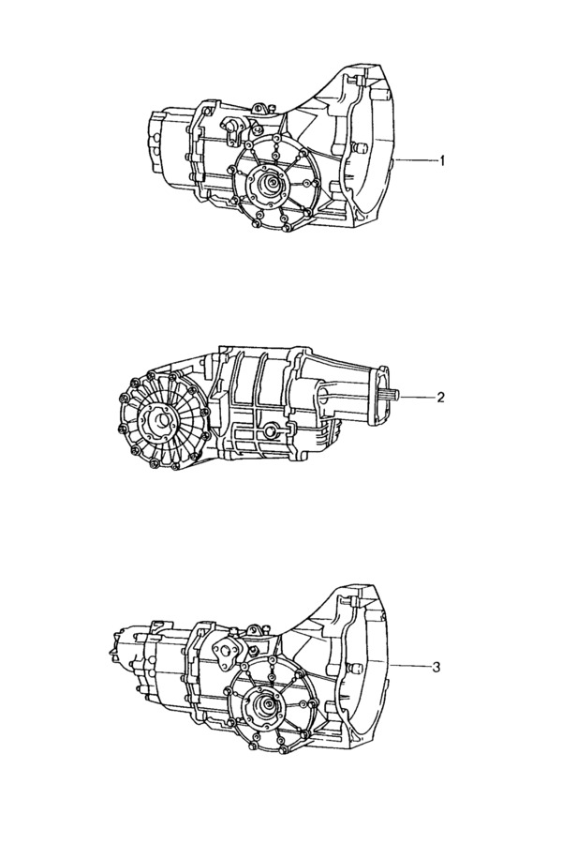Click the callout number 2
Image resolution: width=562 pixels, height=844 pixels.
point(441,398)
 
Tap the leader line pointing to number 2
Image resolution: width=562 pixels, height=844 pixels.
point(417,398)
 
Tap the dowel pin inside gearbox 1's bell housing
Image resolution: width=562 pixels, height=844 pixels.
point(358,146)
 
